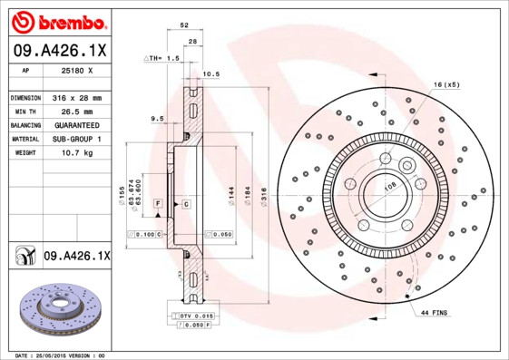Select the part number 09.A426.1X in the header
[x=58, y=50]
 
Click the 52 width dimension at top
[x=184, y=26]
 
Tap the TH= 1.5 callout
[x=164, y=58]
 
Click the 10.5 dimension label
[x=211, y=73]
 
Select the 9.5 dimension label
[x=156, y=118]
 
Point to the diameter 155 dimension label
[x=120, y=192]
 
